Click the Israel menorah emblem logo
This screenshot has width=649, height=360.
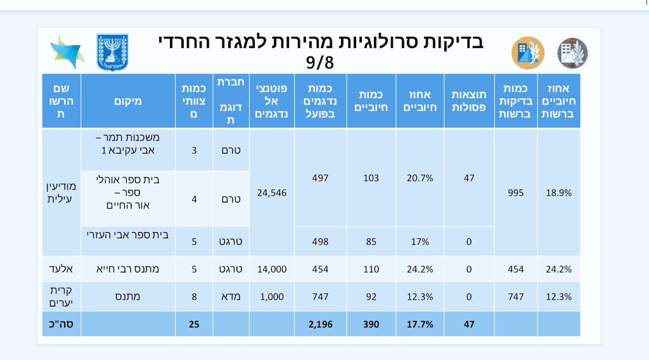pos(112,53)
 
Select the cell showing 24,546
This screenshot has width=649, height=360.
pos(271,193)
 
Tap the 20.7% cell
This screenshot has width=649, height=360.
pos(420,178)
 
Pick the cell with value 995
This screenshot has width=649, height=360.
pos(515,193)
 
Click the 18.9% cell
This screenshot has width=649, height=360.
pos(558,193)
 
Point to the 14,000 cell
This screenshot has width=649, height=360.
pos(271,269)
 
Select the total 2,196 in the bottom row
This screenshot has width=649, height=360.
pos(319,324)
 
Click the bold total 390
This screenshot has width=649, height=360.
pos(371,324)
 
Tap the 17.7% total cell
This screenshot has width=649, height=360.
pos(420,324)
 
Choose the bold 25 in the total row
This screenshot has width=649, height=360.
pos(195,324)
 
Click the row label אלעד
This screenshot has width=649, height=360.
pos(61,269)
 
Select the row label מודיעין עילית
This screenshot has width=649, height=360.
pos(61,193)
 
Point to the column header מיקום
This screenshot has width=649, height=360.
pos(129,100)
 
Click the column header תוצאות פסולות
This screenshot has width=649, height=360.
pos(468,100)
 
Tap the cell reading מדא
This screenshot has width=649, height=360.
pos(231,297)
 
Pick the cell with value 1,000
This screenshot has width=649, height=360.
pos(271,297)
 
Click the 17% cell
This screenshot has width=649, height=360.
pos(420,241)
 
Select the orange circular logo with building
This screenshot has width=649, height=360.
pos(528,53)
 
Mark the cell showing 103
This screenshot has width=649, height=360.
pos(371,178)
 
